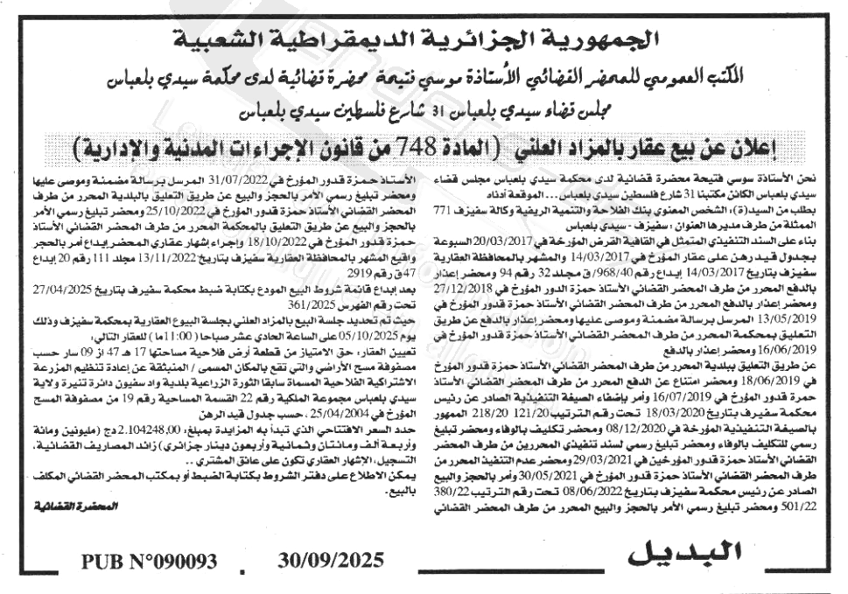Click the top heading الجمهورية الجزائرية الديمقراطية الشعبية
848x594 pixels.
(x=422, y=40)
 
